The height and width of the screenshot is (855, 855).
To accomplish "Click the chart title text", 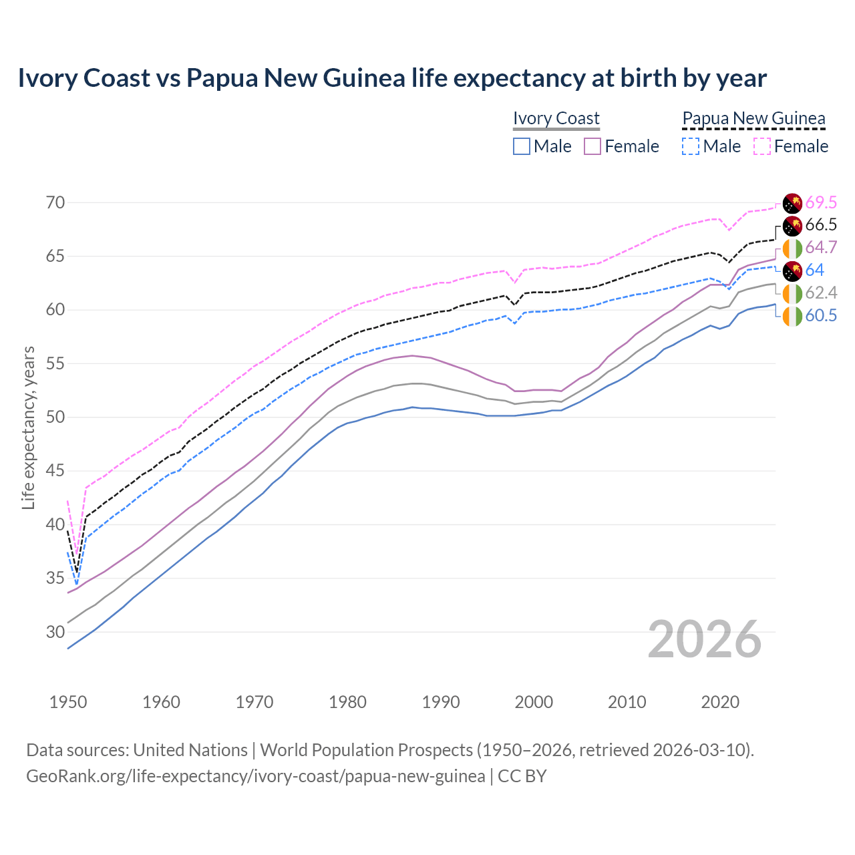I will pyautogui.click(x=392, y=78).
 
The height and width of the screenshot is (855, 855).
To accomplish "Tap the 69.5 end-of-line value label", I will pyautogui.click(x=821, y=202).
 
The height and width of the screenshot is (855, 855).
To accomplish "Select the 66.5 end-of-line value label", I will pyautogui.click(x=821, y=225).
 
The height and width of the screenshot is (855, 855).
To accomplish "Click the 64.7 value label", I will pyautogui.click(x=821, y=248).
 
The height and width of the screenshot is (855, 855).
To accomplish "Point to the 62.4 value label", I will pyautogui.click(x=821, y=293).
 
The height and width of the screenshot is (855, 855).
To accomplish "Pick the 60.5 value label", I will pyautogui.click(x=821, y=315).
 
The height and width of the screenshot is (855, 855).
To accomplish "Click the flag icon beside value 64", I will pyautogui.click(x=792, y=271).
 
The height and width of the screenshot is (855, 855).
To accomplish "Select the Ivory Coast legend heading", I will pyautogui.click(x=556, y=118).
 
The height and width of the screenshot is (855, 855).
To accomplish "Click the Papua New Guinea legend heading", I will pyautogui.click(x=753, y=118).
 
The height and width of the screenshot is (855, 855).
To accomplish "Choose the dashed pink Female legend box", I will pyautogui.click(x=762, y=146).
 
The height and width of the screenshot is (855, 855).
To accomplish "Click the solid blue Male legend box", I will pyautogui.click(x=522, y=146).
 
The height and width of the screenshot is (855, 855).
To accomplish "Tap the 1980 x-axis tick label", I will pyautogui.click(x=347, y=702).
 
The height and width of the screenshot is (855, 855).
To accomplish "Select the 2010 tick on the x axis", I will pyautogui.click(x=627, y=702).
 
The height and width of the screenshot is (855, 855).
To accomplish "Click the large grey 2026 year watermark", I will pyautogui.click(x=704, y=639).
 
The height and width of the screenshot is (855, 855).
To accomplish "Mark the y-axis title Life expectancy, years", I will pyautogui.click(x=28, y=427).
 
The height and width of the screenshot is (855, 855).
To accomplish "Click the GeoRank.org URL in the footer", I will pyautogui.click(x=255, y=776).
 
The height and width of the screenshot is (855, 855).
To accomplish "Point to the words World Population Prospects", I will pyautogui.click(x=366, y=750).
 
